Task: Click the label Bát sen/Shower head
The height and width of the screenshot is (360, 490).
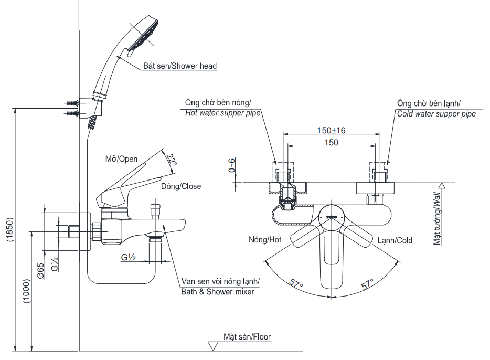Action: tap(180, 66)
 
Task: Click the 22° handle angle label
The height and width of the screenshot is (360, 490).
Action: tap(171, 159)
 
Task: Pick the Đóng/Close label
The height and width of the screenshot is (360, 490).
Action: tap(180, 186)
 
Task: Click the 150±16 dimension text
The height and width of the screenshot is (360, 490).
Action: tap(331, 131)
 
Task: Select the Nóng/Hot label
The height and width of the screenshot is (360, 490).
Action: tap(265, 240)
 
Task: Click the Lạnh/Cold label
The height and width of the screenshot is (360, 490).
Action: tap(395, 240)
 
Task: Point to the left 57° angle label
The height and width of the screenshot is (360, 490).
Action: tap(296, 284)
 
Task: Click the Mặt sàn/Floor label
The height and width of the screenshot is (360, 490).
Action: tap(247, 337)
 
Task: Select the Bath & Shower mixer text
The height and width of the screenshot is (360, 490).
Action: tap(217, 292)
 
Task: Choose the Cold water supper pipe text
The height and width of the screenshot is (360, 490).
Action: tap(436, 113)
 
